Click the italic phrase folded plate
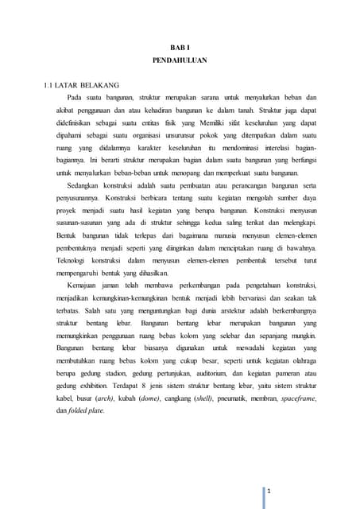75,410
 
